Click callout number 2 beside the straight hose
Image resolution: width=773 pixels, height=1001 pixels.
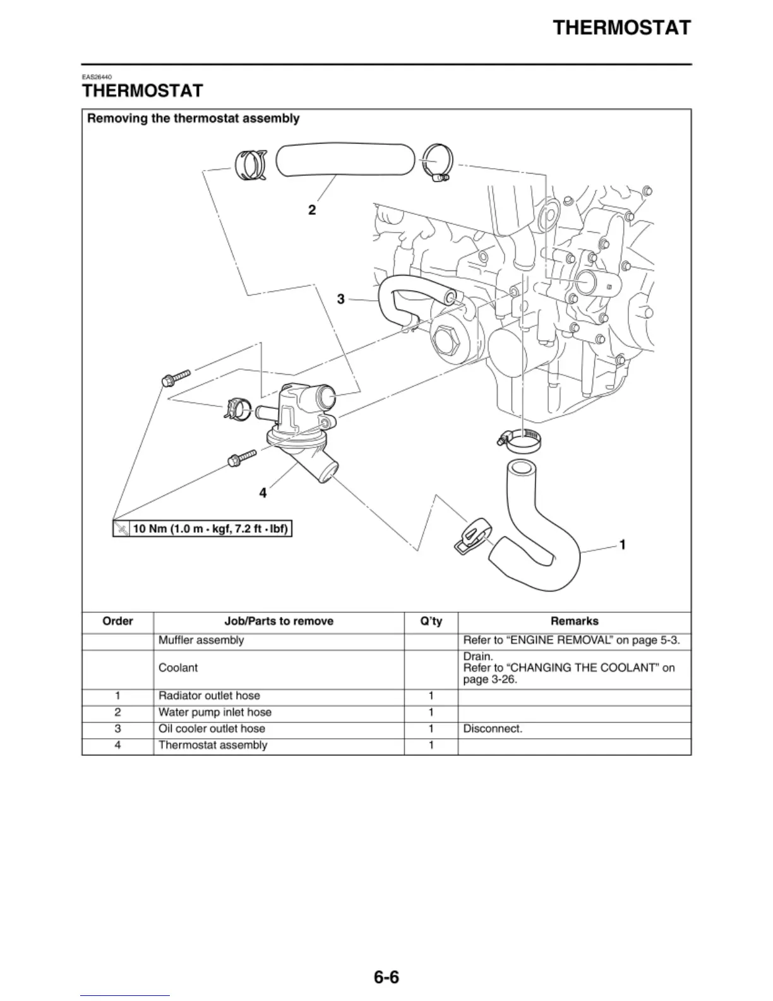pos(312,210)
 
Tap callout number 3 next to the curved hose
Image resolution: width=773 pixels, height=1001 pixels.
pos(341,299)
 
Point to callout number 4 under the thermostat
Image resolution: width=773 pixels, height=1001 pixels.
pos(263,492)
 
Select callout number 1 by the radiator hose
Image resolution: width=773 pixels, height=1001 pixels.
pos(623,544)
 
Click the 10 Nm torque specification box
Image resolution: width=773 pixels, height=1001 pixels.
pos(203,528)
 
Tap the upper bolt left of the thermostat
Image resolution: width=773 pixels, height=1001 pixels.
pos(176,378)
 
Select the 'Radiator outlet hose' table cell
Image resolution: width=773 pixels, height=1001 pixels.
pos(209,696)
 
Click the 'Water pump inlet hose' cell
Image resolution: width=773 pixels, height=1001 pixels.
pos(215,712)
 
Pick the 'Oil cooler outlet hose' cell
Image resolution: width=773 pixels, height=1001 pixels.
pos(212,729)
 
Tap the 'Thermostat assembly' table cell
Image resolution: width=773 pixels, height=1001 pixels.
pos(213,745)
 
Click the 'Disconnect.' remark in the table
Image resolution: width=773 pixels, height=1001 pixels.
pos(493,729)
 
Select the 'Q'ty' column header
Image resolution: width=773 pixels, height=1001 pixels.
pos(431,621)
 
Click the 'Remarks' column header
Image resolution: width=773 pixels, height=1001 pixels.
pos(574,621)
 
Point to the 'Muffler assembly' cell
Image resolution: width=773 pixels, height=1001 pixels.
pos(201,640)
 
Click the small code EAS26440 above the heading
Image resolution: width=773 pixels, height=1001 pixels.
pos(97,77)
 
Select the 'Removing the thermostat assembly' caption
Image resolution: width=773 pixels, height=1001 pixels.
pos(193,118)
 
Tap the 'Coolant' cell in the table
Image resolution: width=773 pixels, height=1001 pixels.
pos(178,668)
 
